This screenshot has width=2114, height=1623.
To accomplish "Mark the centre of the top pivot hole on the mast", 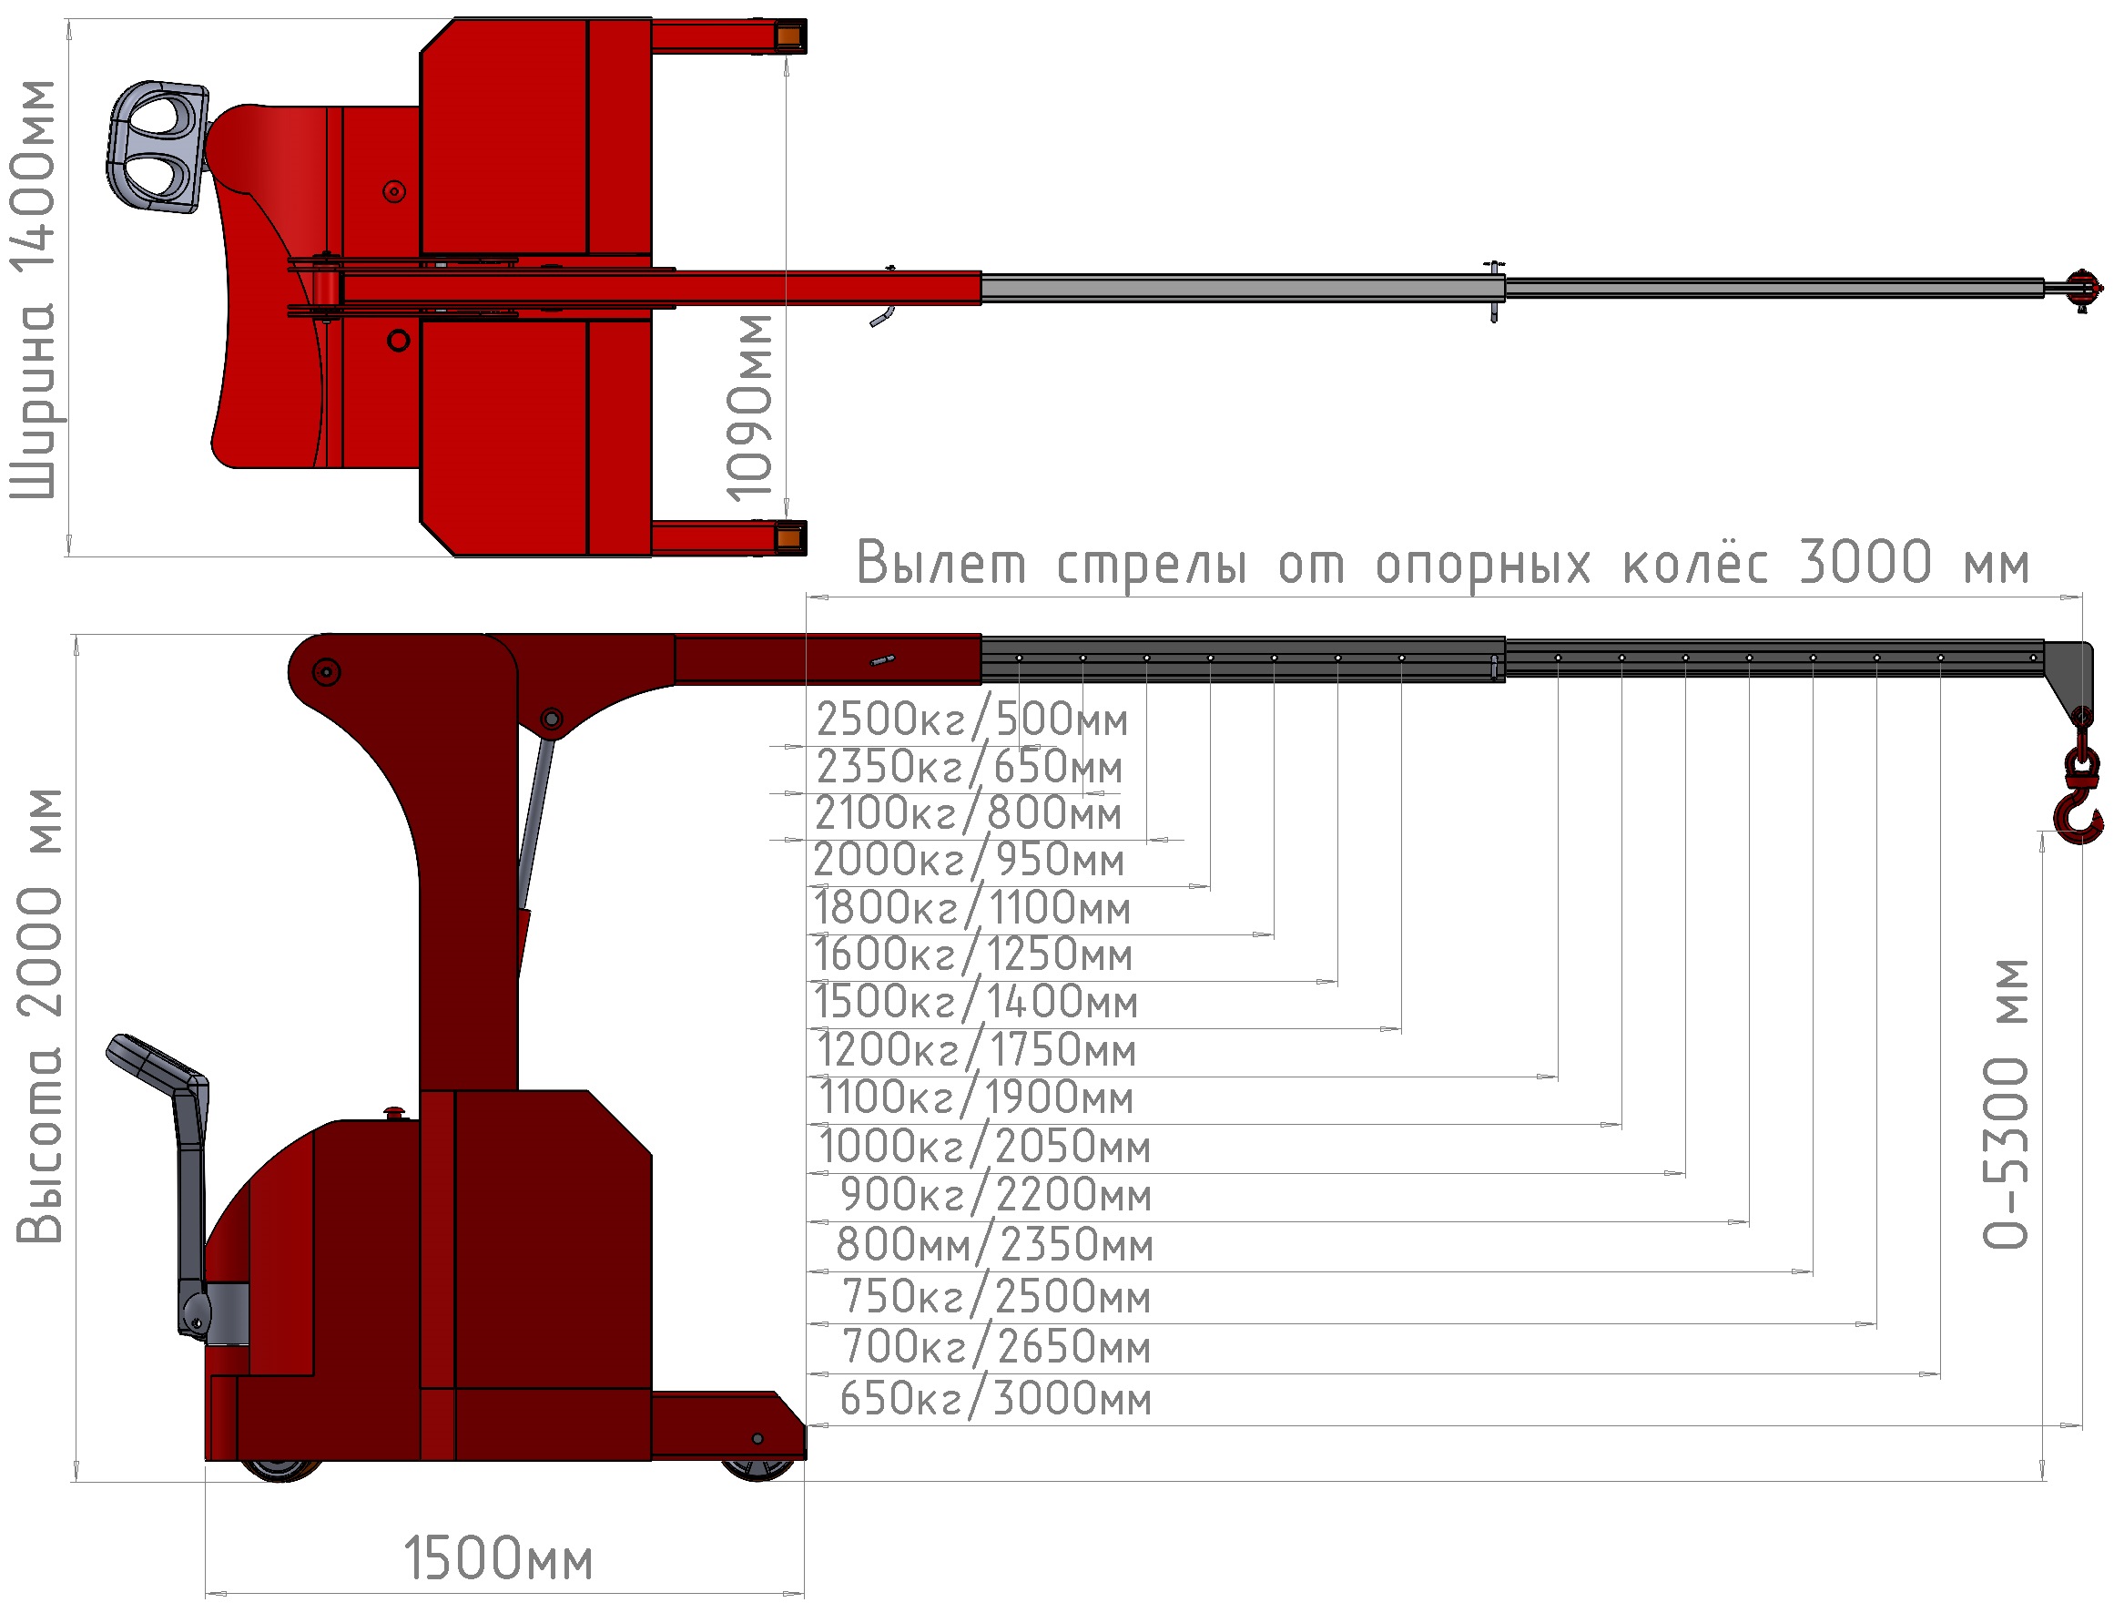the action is (327, 671).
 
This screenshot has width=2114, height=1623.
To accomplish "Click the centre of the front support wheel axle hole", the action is (757, 1438).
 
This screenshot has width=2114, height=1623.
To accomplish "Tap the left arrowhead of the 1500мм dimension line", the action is (214, 1593).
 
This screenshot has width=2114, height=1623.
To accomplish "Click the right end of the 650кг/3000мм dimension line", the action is (2081, 1425).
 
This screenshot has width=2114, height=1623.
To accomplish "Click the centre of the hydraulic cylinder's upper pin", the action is (552, 719).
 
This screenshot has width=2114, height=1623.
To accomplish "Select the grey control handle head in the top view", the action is (157, 147).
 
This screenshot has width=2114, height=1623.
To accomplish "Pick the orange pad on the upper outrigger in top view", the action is (788, 36).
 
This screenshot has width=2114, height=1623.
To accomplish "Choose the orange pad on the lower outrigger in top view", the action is (788, 537).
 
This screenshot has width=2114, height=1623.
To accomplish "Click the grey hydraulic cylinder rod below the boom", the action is (537, 822).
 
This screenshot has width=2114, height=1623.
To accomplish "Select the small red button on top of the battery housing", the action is (395, 1113).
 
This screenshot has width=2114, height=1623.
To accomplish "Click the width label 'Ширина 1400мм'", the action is (32, 290).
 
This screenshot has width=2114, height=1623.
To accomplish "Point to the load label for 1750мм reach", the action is (976, 1049).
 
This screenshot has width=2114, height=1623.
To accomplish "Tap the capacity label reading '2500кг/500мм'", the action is (971, 718).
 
